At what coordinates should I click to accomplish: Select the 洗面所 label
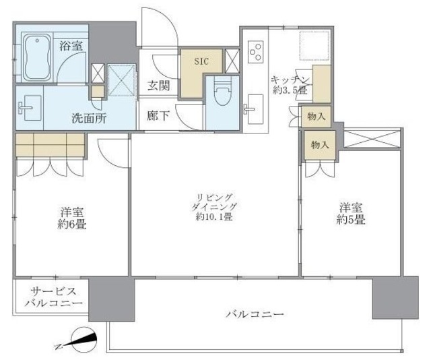pos(89,115)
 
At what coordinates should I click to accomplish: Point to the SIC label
pos(202,61)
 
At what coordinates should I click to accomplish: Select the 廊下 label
pos(158,115)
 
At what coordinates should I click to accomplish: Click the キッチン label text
pos(287,78)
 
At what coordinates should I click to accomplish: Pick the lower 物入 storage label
pos(319,144)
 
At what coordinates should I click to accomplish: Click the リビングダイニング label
pos(214,200)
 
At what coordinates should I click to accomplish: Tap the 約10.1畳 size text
pos(214,217)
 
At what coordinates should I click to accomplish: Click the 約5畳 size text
pos(351,220)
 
